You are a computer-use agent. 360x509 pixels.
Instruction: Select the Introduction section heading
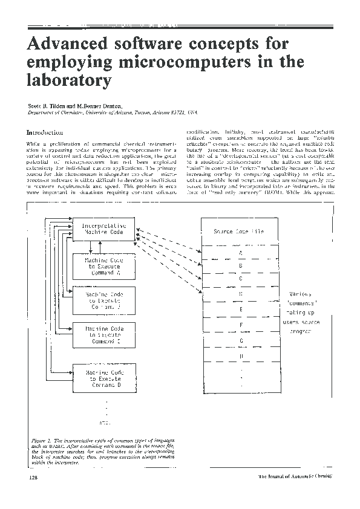click(45, 132)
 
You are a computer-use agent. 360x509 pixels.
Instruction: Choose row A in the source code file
click(241, 253)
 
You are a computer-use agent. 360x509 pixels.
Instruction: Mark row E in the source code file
click(241, 309)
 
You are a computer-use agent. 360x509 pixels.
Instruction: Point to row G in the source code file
click(241, 340)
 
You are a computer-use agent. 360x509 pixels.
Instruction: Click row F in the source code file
click(241, 325)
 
